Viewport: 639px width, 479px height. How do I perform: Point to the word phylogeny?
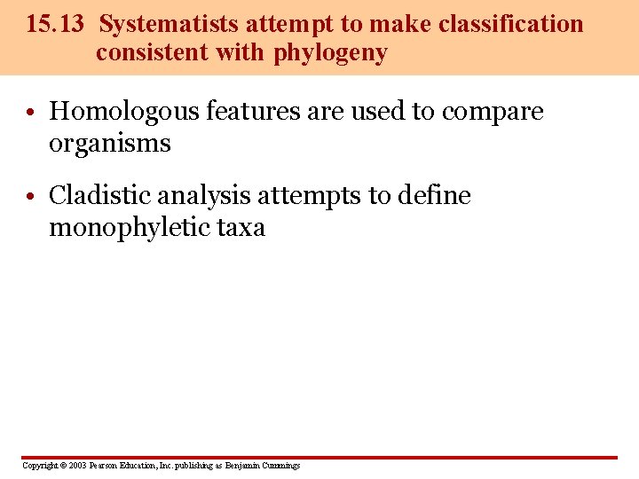[x=331, y=53]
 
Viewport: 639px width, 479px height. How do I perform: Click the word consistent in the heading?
[x=150, y=53]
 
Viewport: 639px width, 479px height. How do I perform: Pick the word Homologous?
[x=123, y=112]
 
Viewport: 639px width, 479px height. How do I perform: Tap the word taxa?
[x=241, y=228]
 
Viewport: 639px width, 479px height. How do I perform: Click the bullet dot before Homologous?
[x=31, y=113]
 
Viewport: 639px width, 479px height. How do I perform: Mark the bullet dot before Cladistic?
[x=31, y=196]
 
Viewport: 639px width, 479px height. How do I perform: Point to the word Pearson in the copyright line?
[x=102, y=466]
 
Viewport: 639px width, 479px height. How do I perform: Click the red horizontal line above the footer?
[x=319, y=458]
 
